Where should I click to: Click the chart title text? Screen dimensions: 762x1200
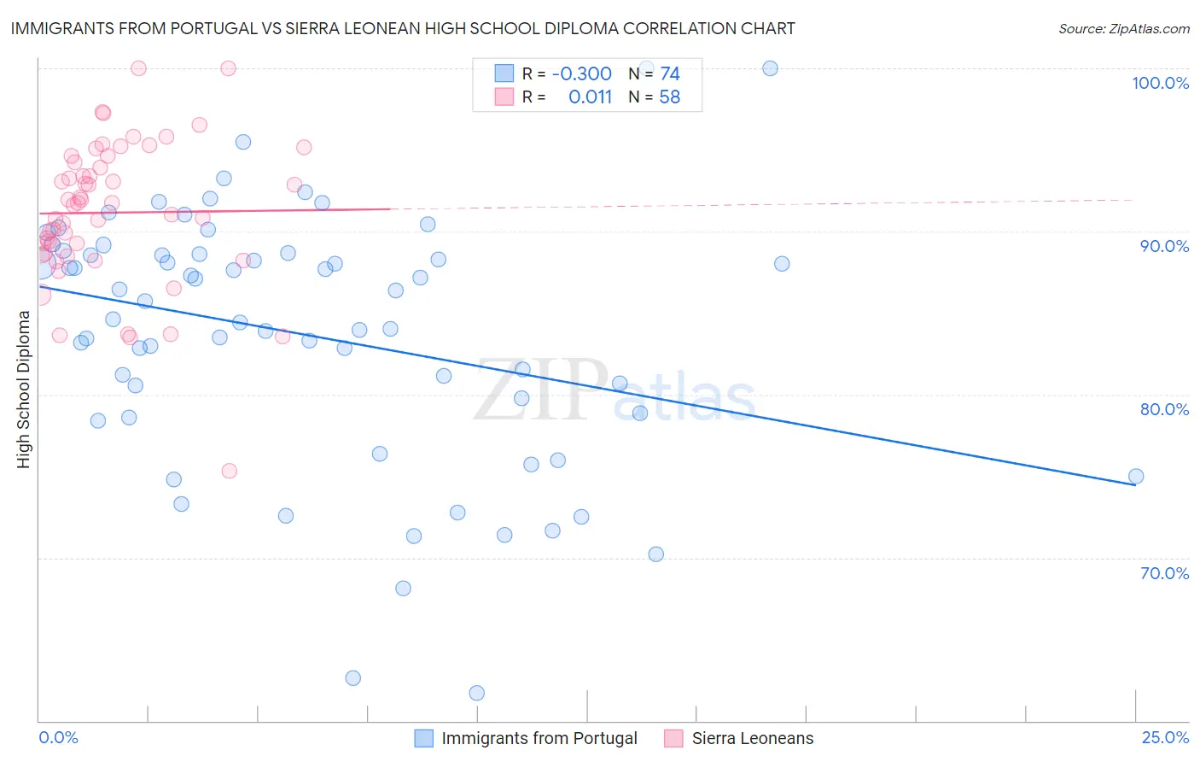click(x=403, y=29)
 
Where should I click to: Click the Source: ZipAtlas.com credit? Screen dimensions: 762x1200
click(x=1123, y=29)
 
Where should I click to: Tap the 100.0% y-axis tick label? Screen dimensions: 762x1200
click(x=1160, y=84)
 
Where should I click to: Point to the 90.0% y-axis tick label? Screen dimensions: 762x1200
click(x=1164, y=246)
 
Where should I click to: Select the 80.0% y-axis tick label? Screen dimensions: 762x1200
click(x=1164, y=409)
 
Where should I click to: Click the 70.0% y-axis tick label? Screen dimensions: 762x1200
click(x=1164, y=573)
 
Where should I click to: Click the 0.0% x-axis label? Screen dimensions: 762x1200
click(x=58, y=737)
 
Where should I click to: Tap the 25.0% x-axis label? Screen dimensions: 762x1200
click(x=1165, y=737)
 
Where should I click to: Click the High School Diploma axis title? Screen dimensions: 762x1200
click(x=24, y=389)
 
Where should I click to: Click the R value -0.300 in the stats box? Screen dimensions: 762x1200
click(x=581, y=74)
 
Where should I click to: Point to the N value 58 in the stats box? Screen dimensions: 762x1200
click(x=670, y=97)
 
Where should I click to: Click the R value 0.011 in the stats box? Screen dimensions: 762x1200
click(x=590, y=97)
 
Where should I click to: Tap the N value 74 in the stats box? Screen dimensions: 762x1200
click(x=670, y=74)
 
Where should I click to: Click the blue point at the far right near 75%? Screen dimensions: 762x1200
click(x=1135, y=477)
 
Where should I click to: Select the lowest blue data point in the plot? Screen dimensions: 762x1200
click(x=477, y=693)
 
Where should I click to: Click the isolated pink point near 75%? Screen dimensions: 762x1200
click(x=229, y=471)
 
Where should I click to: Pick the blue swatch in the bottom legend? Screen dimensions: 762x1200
click(x=424, y=738)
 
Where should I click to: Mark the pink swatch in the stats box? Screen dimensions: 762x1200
click(x=504, y=97)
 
